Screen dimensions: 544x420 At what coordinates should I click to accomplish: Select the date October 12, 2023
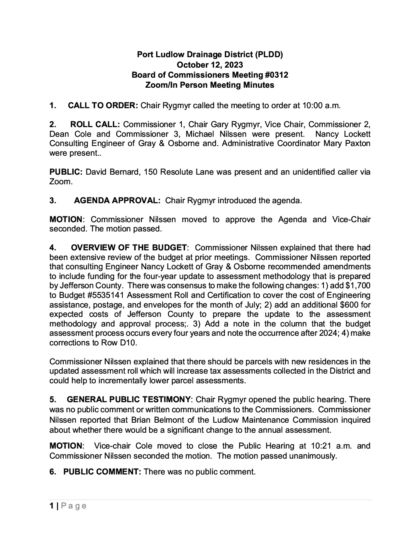click(210, 65)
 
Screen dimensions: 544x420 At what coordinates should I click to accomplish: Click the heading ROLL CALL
click(95, 124)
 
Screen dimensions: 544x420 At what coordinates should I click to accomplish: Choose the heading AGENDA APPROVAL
click(117, 201)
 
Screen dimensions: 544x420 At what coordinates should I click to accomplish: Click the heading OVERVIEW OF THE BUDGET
click(129, 248)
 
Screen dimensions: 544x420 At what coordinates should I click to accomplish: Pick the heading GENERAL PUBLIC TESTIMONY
click(129, 399)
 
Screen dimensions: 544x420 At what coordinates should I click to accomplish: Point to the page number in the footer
click(52, 506)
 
